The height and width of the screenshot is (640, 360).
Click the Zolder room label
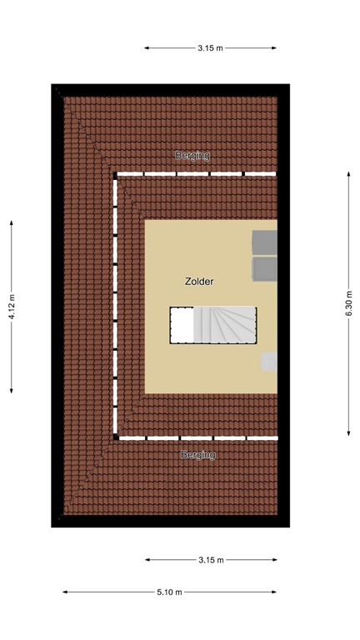point(199,282)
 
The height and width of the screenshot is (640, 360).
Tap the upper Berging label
point(192,156)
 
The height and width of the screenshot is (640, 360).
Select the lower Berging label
point(198,455)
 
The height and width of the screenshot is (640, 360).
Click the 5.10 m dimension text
point(169,592)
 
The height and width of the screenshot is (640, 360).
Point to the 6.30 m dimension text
point(350,302)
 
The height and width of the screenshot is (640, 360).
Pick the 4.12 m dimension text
point(12,307)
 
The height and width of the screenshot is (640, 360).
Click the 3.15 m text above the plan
point(210,47)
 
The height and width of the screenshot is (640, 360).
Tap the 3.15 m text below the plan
point(211,560)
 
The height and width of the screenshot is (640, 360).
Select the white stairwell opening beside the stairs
point(182,324)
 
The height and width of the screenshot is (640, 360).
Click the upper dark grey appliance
point(265,242)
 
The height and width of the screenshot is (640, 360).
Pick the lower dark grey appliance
point(265,269)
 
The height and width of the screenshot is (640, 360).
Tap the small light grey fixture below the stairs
point(269,362)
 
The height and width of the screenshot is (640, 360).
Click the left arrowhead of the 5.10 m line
point(64,592)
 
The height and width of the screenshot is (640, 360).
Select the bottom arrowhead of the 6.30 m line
point(350,432)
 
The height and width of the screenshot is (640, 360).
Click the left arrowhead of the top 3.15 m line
point(147,47)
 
